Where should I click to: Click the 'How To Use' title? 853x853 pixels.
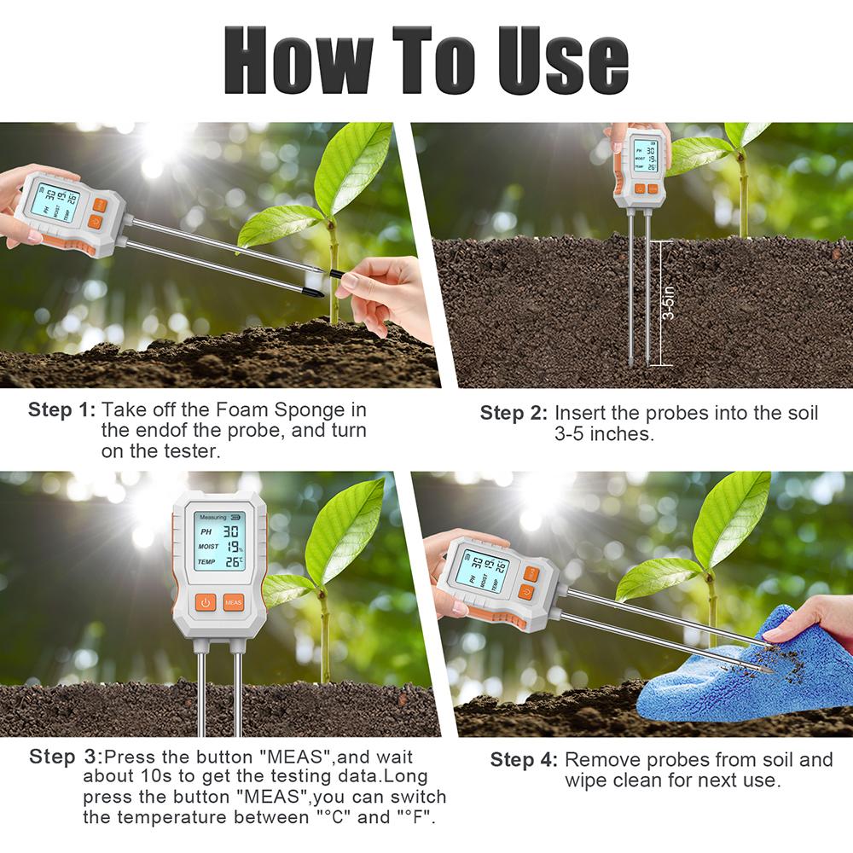click(426, 60)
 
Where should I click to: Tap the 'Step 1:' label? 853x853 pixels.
click(62, 409)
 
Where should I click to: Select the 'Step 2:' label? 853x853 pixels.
click(514, 414)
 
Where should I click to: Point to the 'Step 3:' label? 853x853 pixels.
click(66, 757)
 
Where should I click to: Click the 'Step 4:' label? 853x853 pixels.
click(524, 760)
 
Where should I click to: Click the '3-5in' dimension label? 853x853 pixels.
click(672, 303)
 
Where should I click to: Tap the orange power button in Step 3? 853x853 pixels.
click(205, 602)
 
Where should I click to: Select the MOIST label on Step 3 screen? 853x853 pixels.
click(207, 546)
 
